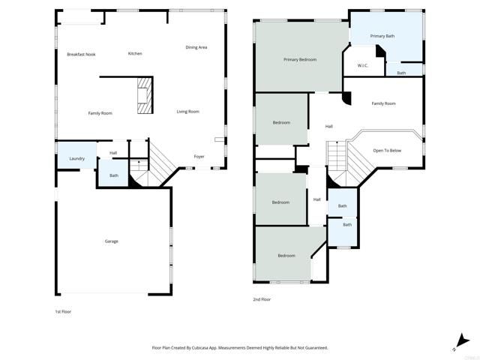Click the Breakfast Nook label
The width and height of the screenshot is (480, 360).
click(81, 54)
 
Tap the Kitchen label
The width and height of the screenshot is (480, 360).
click(135, 53)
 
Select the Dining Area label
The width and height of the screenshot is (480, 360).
click(196, 47)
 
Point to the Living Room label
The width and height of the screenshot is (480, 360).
click(187, 112)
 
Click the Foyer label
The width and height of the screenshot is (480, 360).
click(199, 157)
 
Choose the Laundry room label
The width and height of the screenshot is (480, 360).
click(76, 158)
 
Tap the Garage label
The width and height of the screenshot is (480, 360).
click(112, 241)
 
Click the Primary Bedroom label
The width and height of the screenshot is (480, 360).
click(300, 59)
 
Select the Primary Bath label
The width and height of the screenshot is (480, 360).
click(382, 36)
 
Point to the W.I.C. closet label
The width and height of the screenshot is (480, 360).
click(362, 65)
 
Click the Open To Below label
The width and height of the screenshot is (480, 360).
click(387, 151)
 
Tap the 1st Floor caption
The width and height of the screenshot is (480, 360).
click(63, 311)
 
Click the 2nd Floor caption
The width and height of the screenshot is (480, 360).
click(262, 299)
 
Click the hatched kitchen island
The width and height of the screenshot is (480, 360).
click(144, 97)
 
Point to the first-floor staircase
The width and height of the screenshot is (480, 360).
click(160, 161)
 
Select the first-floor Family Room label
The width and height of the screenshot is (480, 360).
click(100, 113)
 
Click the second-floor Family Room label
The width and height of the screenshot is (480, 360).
click(384, 103)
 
